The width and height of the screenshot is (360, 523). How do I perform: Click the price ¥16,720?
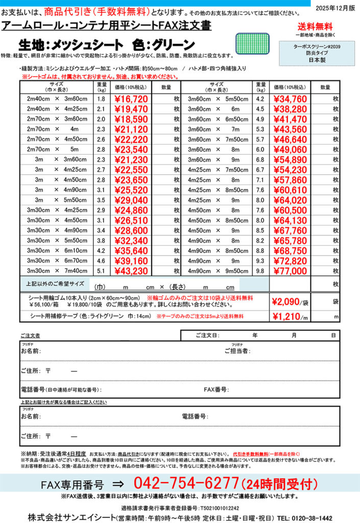tap(131, 99)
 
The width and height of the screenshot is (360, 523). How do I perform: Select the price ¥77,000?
tap(290, 271)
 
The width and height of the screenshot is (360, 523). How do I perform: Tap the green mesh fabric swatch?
tap(251, 43)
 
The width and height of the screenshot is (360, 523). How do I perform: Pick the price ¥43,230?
tap(131, 271)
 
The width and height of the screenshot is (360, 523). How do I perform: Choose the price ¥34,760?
tap(290, 99)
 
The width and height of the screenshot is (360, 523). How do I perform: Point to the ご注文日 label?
tap(207, 336)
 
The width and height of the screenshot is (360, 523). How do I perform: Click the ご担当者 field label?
tap(237, 351)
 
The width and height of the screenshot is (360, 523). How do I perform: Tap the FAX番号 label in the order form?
tap(216, 390)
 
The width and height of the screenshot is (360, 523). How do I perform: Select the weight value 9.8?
tap(260, 271)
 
